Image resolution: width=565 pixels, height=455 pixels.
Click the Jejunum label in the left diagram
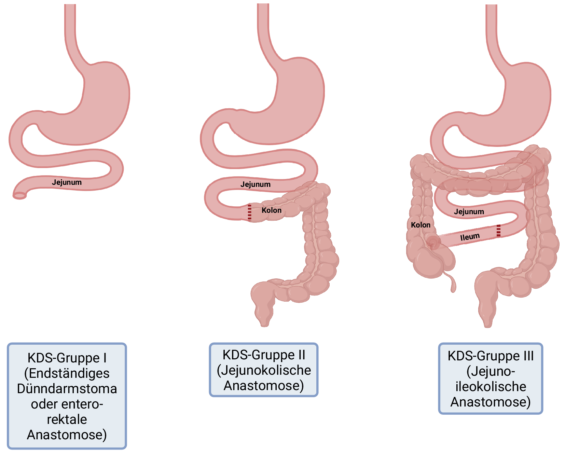(x=67, y=182)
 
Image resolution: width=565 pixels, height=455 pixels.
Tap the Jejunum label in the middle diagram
(x=255, y=184)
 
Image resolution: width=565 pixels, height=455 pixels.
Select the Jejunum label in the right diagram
(x=469, y=212)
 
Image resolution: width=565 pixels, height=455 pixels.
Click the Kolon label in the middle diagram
(x=272, y=210)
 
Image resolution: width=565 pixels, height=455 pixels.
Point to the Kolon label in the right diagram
(x=421, y=225)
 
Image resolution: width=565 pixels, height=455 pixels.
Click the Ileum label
(x=470, y=237)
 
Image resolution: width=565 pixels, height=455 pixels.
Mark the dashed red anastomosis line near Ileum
(x=498, y=231)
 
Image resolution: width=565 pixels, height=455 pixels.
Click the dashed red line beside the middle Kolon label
(x=249, y=212)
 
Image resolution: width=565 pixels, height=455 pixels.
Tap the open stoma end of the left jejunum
(x=19, y=196)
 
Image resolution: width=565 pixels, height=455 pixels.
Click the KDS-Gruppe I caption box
(x=67, y=396)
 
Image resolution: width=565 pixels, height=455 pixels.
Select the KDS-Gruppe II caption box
(x=264, y=370)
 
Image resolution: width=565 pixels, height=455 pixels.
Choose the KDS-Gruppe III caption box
(x=491, y=378)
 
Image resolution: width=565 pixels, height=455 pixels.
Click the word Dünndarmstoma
(x=67, y=389)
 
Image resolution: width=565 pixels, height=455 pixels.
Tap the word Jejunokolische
(x=264, y=370)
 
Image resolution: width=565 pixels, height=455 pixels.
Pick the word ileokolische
(x=491, y=387)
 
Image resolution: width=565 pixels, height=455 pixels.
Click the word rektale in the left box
(x=67, y=419)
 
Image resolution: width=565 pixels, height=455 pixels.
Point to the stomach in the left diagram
(x=102, y=102)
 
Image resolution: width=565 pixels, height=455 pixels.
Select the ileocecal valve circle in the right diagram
(x=433, y=243)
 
